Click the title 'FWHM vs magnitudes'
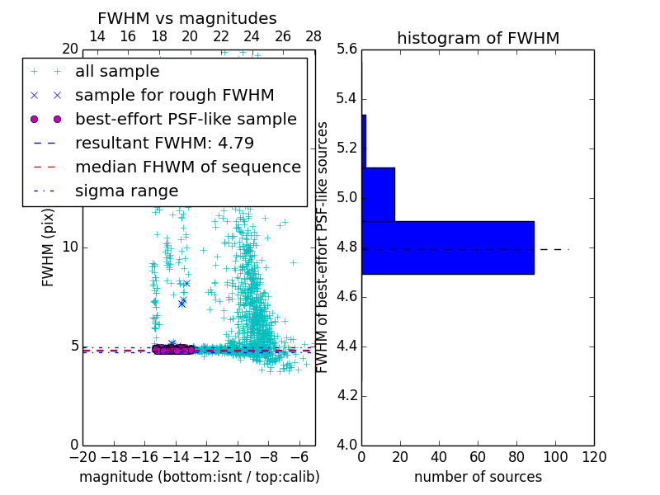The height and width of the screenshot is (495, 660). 187,18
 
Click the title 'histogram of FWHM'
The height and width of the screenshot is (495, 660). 478,38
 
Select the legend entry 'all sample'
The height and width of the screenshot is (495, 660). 117,72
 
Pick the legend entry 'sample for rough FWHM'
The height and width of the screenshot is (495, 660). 174,96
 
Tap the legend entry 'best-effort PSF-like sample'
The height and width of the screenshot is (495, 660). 186,120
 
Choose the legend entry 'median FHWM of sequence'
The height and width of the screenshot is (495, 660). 187,167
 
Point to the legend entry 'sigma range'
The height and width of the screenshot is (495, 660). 126,191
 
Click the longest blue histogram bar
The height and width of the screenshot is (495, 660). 447,247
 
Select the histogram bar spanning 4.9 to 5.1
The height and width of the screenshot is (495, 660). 378,195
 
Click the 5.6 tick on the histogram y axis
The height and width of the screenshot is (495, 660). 347,49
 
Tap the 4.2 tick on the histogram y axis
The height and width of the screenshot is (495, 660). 347,395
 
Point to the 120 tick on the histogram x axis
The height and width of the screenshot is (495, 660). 594,457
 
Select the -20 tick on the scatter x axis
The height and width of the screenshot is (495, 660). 82,457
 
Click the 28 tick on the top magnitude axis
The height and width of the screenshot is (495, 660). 313,36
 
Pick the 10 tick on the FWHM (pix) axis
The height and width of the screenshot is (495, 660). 70,247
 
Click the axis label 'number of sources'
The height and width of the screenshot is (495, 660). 478,477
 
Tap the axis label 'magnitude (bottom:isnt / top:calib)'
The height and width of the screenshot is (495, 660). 199,477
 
